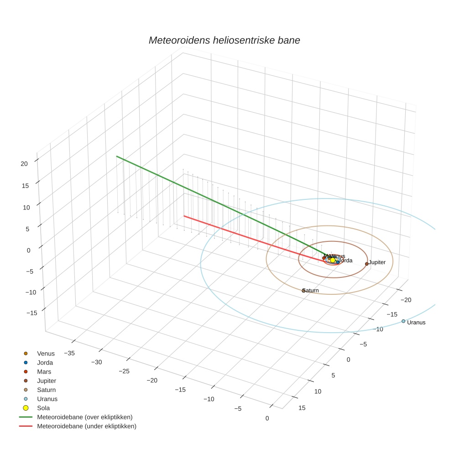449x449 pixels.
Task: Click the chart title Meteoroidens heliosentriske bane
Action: [x=224, y=40]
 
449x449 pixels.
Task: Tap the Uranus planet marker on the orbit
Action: [x=403, y=321]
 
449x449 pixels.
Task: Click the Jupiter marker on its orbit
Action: [x=366, y=264]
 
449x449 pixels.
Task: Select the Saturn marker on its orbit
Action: [x=304, y=290]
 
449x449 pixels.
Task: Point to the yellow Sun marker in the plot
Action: [x=333, y=260]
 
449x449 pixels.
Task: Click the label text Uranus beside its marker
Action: [x=416, y=323]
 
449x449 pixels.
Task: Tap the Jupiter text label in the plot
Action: [x=377, y=262]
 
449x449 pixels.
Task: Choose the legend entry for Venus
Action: [x=46, y=354]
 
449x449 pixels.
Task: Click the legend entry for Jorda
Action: [x=45, y=363]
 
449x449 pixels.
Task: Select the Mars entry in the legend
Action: [x=44, y=372]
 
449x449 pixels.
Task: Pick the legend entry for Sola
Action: [x=43, y=408]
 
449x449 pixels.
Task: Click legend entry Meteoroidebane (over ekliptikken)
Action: [x=85, y=417]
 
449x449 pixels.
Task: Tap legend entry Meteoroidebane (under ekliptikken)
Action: [x=87, y=426]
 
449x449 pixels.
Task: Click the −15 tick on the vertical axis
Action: [x=32, y=313]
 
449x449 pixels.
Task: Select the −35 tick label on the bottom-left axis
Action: [x=69, y=353]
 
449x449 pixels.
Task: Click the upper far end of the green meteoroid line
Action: [x=117, y=157]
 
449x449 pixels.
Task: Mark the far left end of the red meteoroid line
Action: [x=184, y=216]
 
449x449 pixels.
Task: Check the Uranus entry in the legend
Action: [x=47, y=399]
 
